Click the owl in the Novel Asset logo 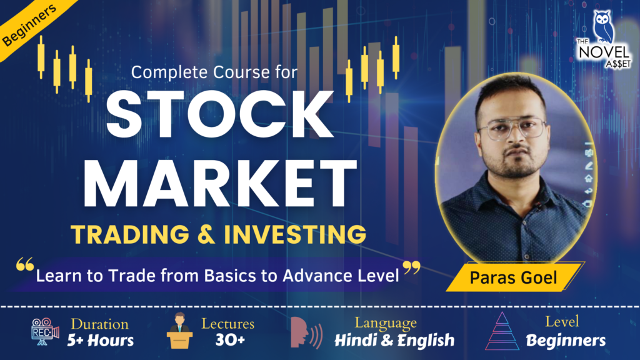(604, 24)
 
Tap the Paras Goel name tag (512, 276)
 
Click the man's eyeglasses (511, 129)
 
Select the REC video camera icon (44, 333)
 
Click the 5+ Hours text (102, 341)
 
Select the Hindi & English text (394, 341)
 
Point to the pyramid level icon (503, 332)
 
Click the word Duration (100, 324)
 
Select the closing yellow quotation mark (411, 269)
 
